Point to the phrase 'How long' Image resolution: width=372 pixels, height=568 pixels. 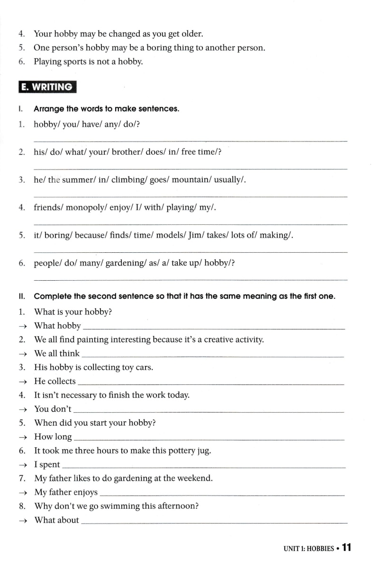tap(53, 437)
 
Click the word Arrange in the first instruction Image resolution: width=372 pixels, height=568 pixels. tap(49, 109)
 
